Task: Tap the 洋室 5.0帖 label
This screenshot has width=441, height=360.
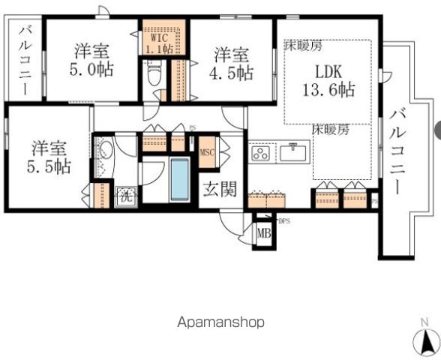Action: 91,63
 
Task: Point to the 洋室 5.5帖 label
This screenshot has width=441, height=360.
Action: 51,157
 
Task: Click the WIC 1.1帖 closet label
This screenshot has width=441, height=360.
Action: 158,43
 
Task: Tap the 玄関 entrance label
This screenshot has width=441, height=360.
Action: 218,190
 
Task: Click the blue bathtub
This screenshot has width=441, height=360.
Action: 179,179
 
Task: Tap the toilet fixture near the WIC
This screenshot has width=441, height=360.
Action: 154,74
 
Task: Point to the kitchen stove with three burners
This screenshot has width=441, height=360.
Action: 262,154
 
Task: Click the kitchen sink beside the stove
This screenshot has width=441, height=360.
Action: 294,154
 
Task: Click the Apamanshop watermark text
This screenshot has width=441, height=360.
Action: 220,322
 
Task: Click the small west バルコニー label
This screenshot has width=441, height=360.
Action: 24,60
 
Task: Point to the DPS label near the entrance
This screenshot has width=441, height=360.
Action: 283,221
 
